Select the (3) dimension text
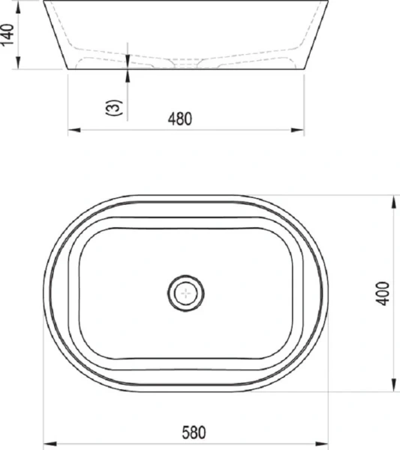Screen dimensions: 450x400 [113, 107]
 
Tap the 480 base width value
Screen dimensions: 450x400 [181, 118]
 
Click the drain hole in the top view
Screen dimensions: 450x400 [184, 293]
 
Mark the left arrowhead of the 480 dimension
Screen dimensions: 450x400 [73, 130]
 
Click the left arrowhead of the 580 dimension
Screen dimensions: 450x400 [47, 442]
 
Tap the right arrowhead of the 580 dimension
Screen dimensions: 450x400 [324, 442]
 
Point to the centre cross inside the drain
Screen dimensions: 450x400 [184, 293]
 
